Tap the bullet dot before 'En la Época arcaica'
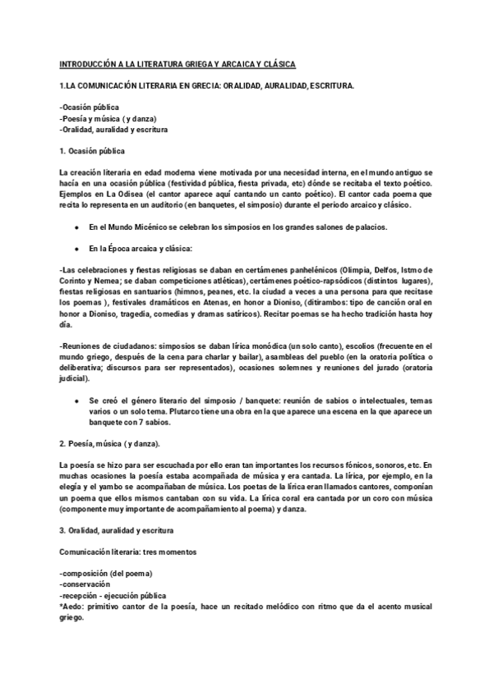[76, 247]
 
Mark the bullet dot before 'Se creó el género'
[76, 400]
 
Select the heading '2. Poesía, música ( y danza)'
[111, 443]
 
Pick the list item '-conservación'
[85, 583]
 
